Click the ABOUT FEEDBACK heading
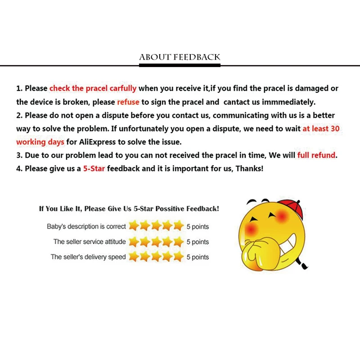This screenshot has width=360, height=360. tap(180, 57)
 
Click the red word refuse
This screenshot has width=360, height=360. tap(128, 102)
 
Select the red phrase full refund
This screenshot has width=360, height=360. tap(316, 155)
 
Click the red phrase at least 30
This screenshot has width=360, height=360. tap(321, 129)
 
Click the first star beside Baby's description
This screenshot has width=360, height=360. tap(134, 226)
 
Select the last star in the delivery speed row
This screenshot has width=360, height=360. tap(179, 257)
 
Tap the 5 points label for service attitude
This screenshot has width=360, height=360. tap(198, 242)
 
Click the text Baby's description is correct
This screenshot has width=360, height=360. tap(87, 226)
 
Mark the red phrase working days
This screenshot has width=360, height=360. tap(37, 142)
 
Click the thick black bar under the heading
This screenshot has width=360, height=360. tap(180, 66)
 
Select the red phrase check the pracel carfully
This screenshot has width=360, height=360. tap(93, 88)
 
